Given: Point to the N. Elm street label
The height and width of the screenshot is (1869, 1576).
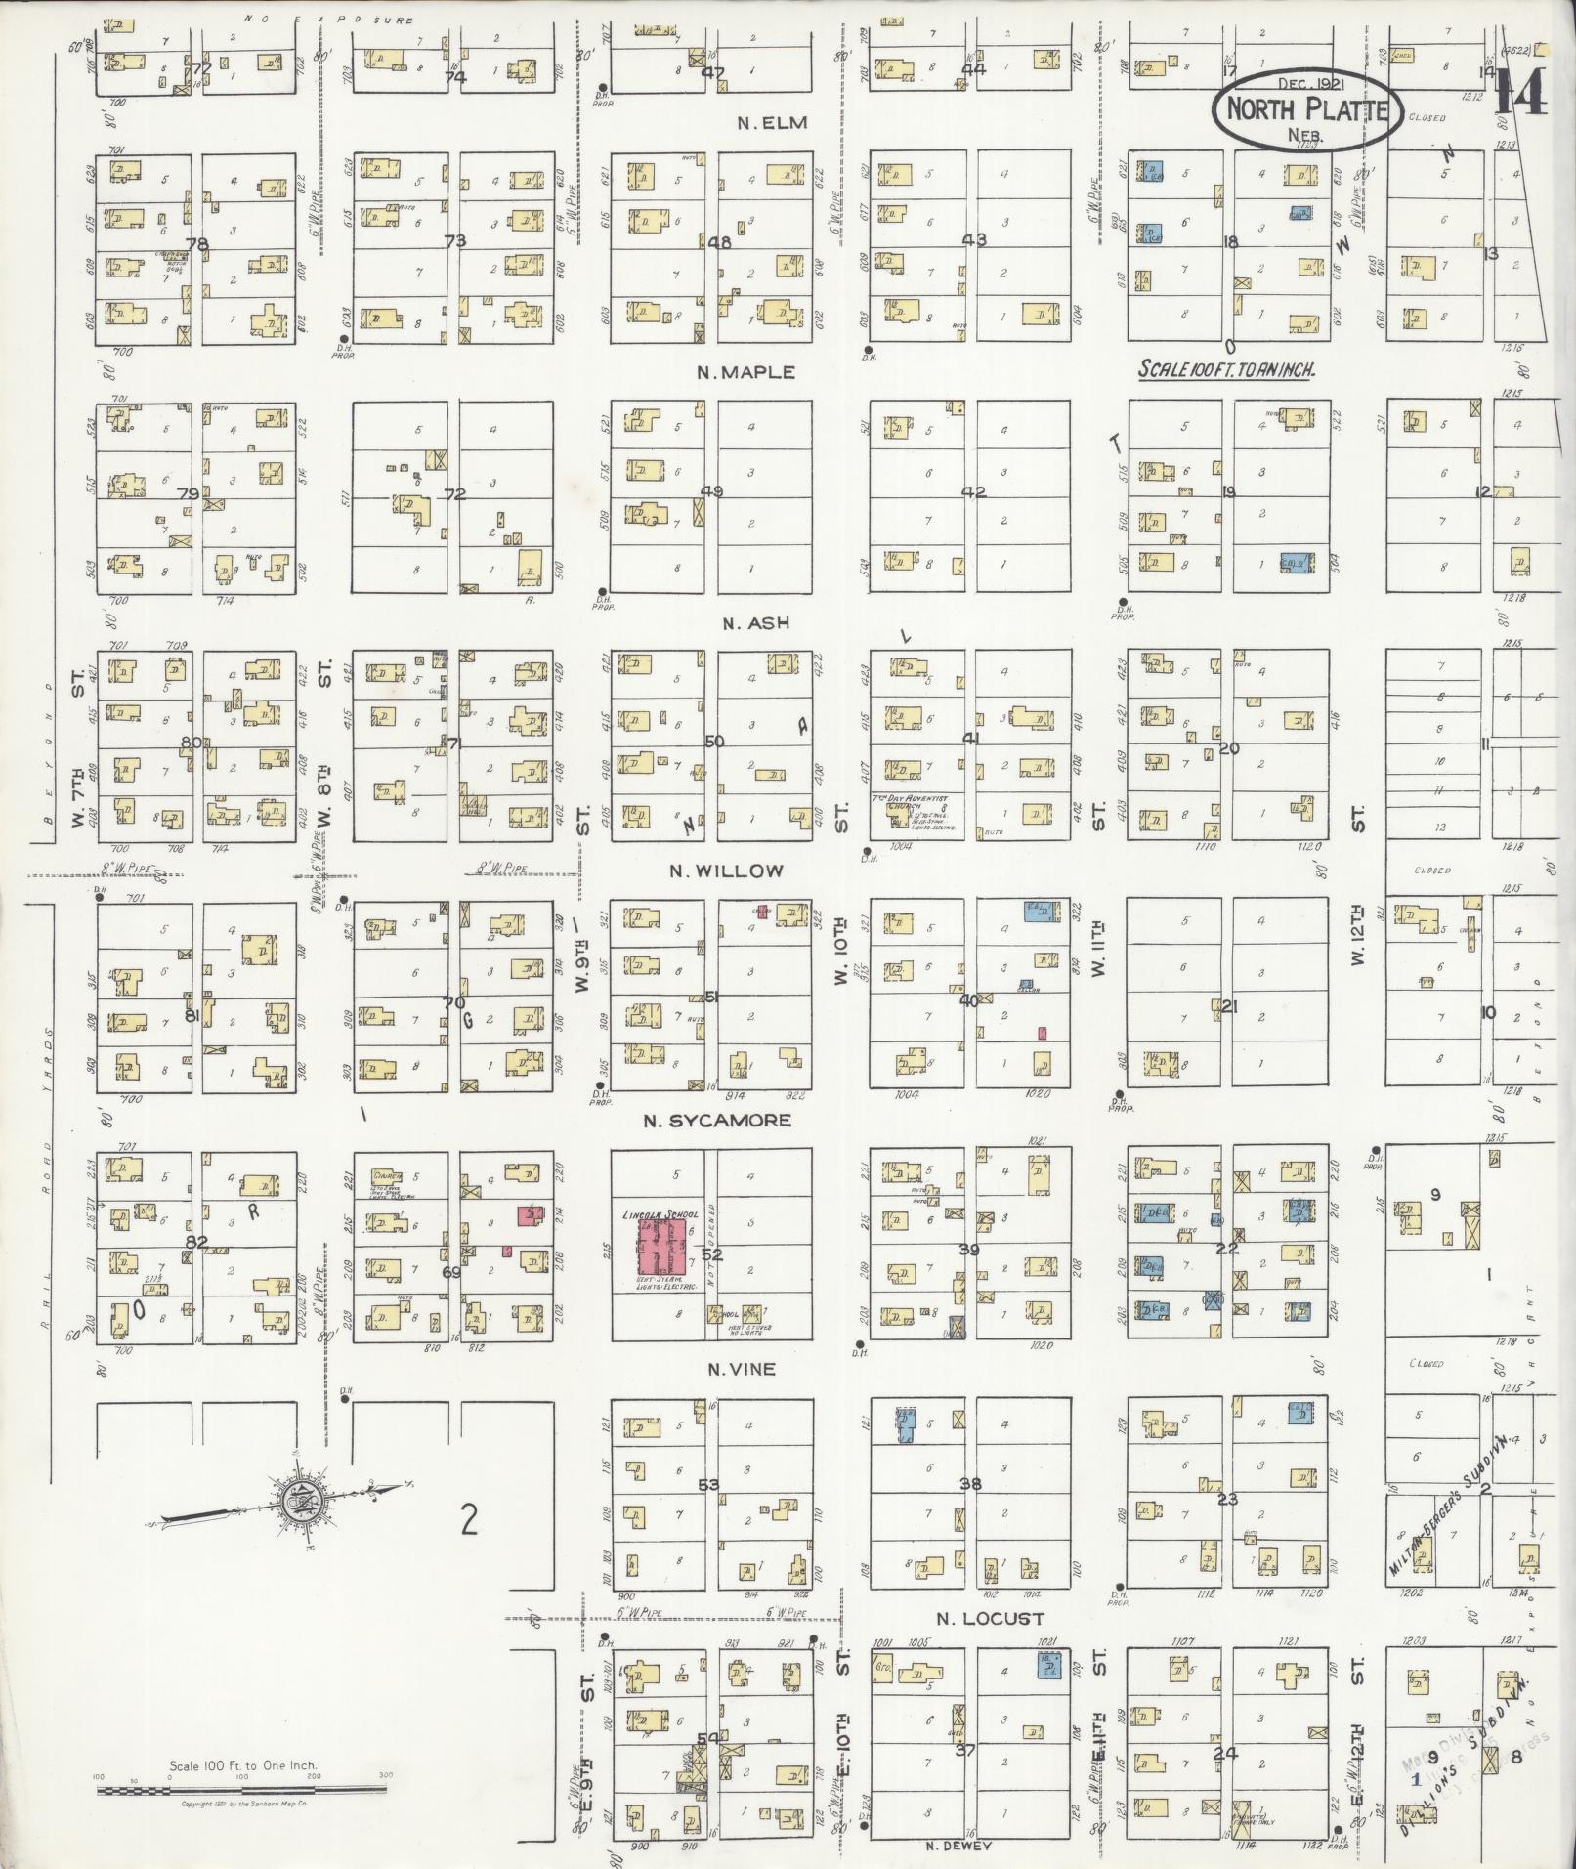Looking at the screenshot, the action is (x=772, y=123).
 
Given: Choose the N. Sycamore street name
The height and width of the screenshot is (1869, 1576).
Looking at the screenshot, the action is (x=716, y=1121).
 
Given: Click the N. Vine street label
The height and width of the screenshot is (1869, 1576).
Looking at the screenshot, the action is (x=742, y=1369).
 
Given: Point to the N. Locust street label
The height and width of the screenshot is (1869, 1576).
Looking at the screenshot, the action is (x=990, y=1618).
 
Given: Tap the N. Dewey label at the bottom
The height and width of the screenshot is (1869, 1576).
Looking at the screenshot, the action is (x=958, y=1846).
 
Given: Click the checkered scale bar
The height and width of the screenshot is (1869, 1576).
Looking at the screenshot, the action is (x=241, y=1791).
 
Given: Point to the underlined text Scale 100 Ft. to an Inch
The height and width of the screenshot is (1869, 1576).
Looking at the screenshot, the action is (x=1226, y=370).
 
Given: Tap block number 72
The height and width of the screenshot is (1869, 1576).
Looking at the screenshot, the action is (x=454, y=494).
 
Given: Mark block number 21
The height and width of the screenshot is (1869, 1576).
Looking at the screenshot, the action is (x=1228, y=1005).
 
